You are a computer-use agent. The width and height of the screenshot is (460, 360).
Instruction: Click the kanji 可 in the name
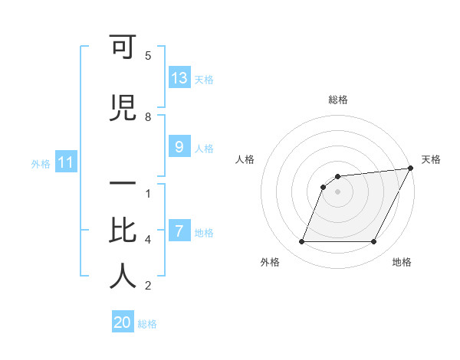[122, 47]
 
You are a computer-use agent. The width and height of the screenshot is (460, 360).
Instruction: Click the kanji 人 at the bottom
[122, 277]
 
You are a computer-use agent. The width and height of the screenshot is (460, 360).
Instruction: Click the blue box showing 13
[179, 78]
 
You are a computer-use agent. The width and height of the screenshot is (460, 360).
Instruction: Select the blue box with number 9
[179, 147]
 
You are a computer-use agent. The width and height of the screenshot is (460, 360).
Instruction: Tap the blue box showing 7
[179, 231]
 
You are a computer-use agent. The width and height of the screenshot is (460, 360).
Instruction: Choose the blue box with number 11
[65, 162]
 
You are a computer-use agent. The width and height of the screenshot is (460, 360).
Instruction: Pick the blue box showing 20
[123, 322]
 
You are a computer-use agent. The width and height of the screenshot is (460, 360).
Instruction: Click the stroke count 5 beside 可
[148, 55]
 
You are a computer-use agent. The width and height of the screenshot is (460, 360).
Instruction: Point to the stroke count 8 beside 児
[148, 116]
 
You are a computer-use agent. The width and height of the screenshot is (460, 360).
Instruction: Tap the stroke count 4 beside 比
[148, 240]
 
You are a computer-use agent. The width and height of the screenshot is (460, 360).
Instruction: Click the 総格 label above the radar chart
[338, 100]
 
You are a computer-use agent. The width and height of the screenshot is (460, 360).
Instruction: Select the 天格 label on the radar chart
[431, 159]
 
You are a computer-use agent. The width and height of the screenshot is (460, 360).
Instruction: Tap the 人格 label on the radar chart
[245, 159]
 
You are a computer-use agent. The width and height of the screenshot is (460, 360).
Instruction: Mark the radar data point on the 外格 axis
[301, 242]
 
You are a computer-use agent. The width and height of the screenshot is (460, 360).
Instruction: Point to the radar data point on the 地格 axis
[374, 242]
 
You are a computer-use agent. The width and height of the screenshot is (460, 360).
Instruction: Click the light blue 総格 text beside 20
[147, 324]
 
